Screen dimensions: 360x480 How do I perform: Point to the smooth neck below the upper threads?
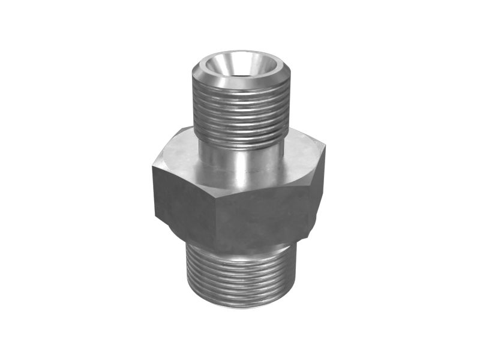[240, 156]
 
